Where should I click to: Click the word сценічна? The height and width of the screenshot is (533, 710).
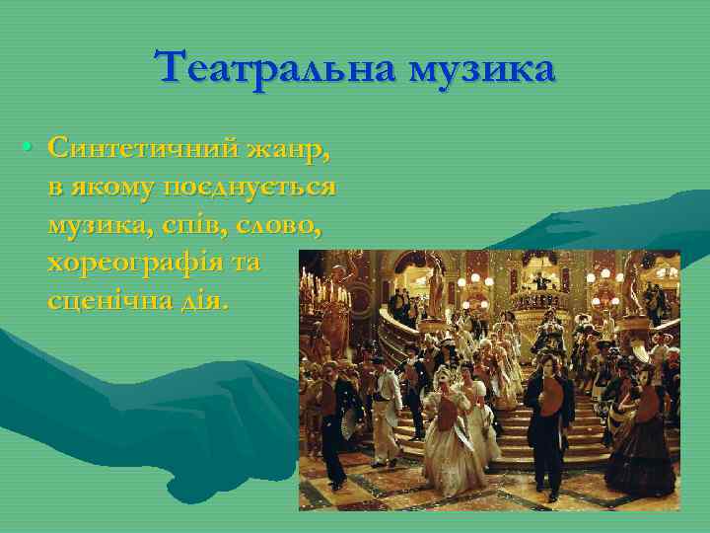(108, 301)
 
